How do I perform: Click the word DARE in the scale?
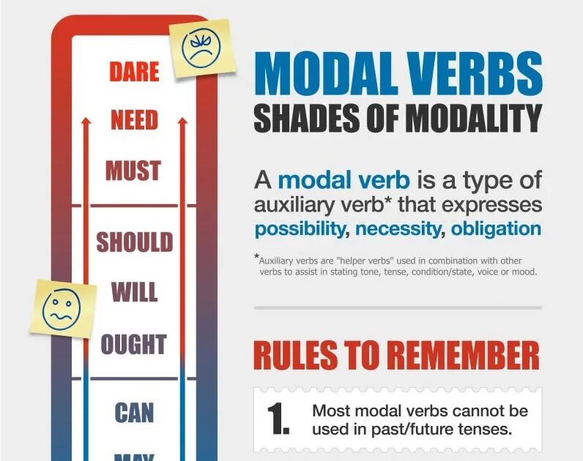tap(134, 72)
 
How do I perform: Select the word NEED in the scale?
tap(135, 121)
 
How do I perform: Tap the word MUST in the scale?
tap(133, 170)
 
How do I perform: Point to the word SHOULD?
tap(135, 241)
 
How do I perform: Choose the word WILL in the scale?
tap(134, 292)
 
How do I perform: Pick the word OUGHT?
tap(133, 343)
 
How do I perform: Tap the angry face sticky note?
tap(201, 46)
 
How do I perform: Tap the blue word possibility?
tap(300, 228)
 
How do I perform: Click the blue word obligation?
tap(496, 228)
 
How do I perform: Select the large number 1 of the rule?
tap(278, 418)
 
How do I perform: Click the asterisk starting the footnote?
tap(256, 257)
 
